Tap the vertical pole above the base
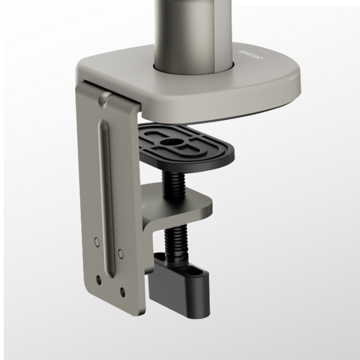(x=180, y=27)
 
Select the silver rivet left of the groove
(x=95, y=242)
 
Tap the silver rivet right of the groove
(x=120, y=252)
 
